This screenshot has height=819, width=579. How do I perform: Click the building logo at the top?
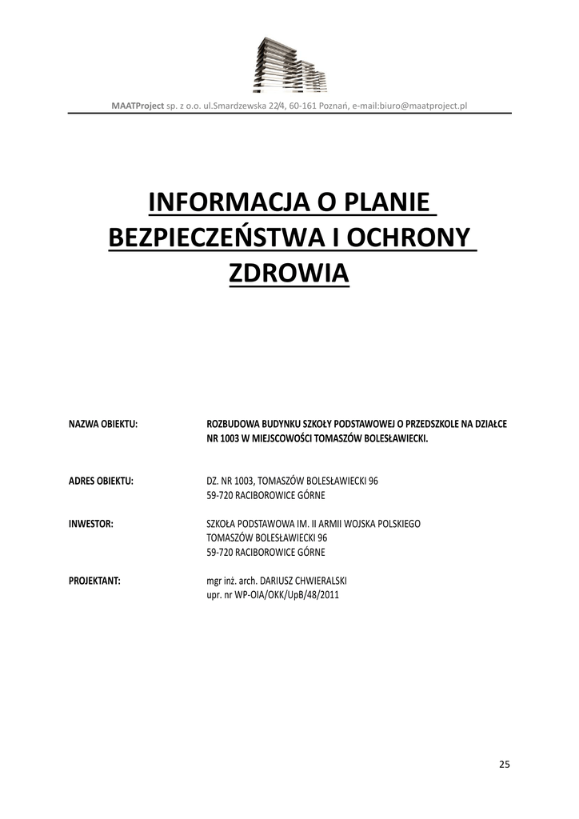[289, 65]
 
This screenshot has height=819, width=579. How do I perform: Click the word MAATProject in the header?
[137, 105]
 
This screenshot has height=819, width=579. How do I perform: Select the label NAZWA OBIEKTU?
[103, 423]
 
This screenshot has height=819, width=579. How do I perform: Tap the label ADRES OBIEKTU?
[101, 481]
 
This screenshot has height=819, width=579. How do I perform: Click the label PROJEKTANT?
[94, 581]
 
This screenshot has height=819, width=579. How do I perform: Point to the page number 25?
[504, 764]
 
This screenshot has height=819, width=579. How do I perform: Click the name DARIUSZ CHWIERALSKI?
[304, 581]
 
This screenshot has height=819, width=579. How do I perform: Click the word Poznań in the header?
[334, 105]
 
